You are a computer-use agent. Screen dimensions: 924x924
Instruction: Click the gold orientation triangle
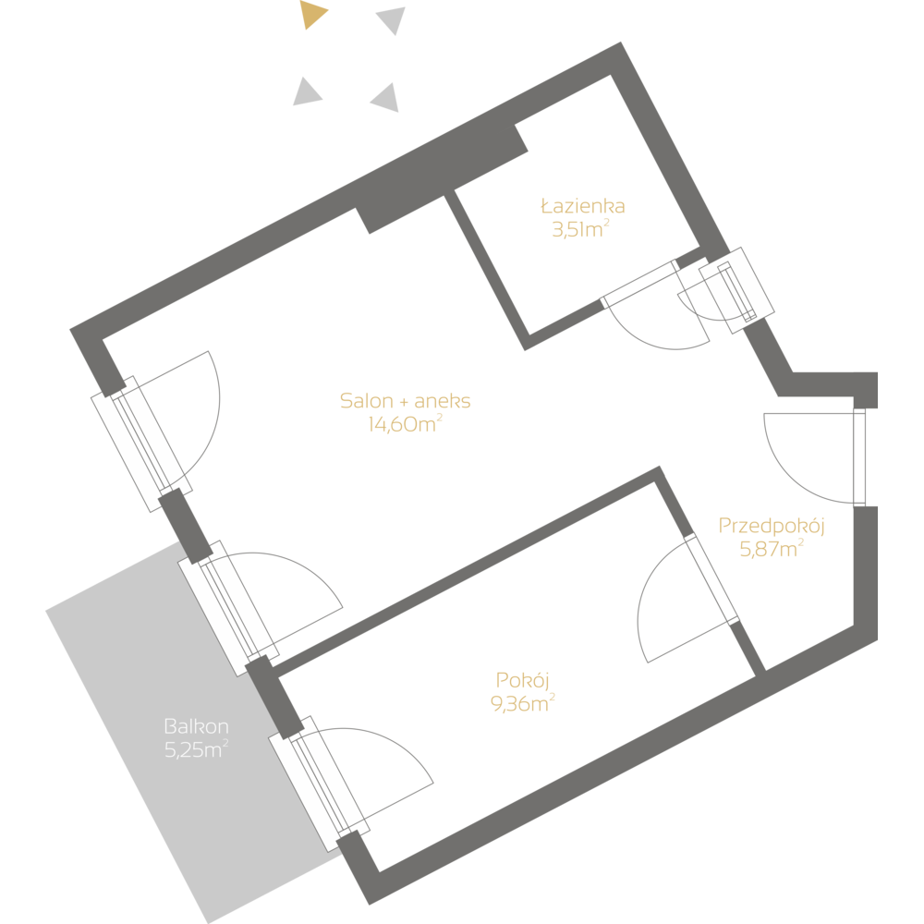tap(313, 16)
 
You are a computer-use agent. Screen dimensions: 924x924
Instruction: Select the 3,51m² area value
tap(579, 229)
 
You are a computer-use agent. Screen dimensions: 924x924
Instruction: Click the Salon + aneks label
tap(406, 401)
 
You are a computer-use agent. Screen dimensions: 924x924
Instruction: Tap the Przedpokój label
tap(772, 526)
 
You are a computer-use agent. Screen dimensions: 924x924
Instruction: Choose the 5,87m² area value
tap(772, 550)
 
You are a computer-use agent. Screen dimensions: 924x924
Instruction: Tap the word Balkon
tap(196, 725)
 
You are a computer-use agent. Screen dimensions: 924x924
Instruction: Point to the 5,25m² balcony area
tap(196, 749)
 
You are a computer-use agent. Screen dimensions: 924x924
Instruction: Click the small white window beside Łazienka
tap(736, 290)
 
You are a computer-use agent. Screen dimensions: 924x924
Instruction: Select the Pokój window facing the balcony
tap(318, 786)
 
